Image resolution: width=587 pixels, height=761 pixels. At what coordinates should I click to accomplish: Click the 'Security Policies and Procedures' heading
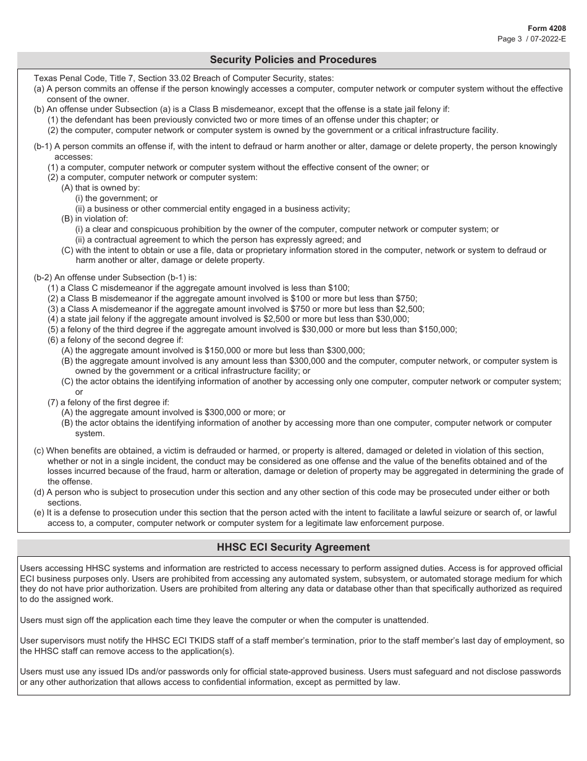point(293,60)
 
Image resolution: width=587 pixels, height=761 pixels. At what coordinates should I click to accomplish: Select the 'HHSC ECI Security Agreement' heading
point(293,547)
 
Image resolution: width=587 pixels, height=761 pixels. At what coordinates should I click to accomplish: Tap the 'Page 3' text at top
point(510,38)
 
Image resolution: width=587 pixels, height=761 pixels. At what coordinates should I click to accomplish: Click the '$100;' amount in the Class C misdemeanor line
point(339,288)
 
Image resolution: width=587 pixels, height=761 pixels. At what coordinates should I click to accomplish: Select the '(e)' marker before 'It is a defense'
point(39,512)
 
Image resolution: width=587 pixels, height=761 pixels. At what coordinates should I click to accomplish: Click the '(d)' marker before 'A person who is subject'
point(39,492)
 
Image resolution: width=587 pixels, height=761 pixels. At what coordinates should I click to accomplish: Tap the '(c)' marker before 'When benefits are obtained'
point(39,450)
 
